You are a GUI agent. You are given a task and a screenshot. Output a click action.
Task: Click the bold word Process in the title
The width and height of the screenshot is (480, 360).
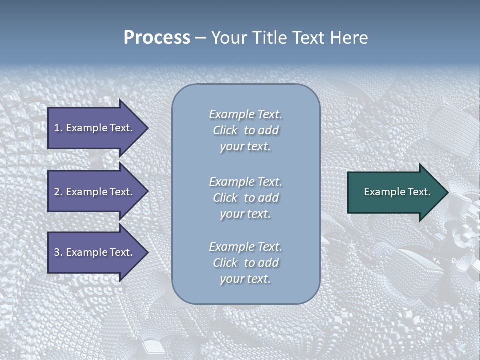tap(157, 38)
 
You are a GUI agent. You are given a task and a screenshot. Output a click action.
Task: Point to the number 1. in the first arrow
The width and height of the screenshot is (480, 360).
tap(58, 128)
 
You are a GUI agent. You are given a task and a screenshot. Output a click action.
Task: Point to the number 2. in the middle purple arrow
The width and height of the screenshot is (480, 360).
tap(58, 192)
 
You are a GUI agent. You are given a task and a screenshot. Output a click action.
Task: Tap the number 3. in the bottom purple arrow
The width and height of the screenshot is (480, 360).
tap(58, 252)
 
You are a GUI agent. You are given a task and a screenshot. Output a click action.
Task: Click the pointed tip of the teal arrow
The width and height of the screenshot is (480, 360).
tap(446, 192)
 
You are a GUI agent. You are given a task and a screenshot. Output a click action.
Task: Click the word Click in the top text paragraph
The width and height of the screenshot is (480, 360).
tap(225, 130)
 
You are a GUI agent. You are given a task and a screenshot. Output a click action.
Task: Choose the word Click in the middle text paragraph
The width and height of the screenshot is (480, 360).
tap(225, 198)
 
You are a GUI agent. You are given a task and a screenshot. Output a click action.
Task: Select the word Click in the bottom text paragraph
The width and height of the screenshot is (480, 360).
tap(225, 263)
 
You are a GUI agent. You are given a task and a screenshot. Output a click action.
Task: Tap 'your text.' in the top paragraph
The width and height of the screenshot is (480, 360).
tap(245, 146)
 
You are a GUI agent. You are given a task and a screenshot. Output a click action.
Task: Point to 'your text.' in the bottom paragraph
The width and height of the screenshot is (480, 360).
tap(245, 279)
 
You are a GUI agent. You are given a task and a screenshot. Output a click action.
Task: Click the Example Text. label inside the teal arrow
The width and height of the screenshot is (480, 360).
tap(397, 192)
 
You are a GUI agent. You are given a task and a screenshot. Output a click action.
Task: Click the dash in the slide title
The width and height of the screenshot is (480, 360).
tap(201, 38)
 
